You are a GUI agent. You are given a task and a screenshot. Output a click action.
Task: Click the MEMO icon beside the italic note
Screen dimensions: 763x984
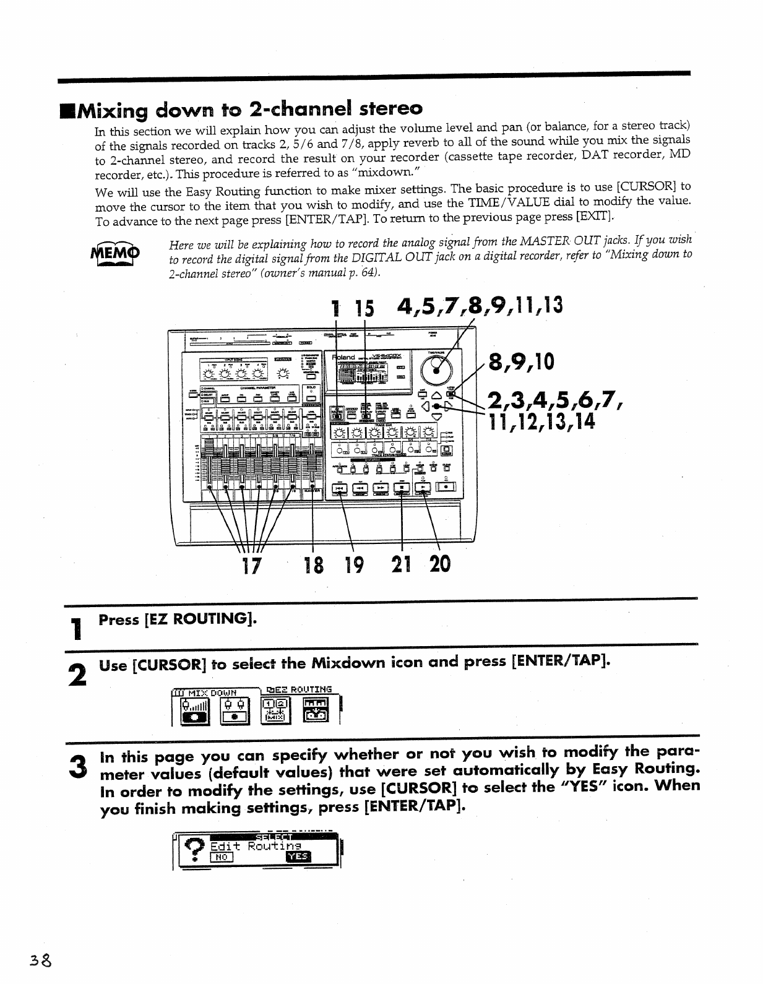115,254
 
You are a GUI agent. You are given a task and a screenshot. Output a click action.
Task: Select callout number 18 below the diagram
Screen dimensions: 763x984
314,564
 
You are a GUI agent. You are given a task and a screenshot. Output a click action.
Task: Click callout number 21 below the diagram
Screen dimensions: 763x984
403,564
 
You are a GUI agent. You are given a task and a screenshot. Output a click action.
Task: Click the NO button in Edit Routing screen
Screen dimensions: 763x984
221,857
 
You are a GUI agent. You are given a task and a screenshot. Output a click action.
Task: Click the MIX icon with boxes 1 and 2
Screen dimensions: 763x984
275,709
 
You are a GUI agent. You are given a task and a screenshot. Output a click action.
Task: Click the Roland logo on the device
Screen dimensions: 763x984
344,358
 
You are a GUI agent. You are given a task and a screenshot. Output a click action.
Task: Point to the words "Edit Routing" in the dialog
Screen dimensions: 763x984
256,845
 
